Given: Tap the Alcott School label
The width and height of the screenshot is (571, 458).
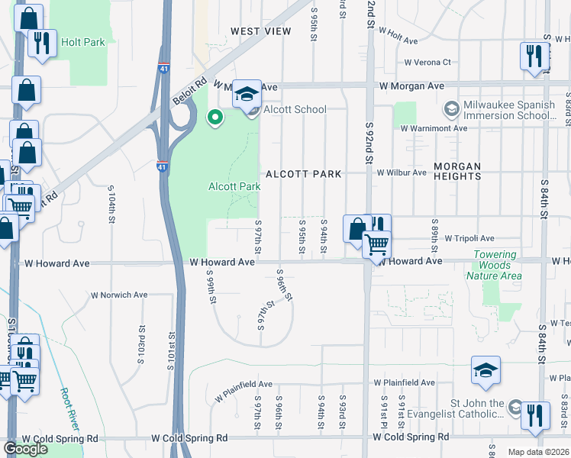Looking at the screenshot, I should (x=295, y=109).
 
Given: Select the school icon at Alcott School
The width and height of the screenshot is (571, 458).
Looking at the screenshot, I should (x=247, y=95).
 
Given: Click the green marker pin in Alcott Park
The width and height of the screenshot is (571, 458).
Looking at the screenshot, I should (x=215, y=118).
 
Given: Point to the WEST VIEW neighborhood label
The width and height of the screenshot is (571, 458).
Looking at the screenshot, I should (x=261, y=31).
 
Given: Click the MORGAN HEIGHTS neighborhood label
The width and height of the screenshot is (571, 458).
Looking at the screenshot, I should (x=457, y=171).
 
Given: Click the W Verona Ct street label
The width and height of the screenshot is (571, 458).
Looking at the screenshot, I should (x=427, y=63).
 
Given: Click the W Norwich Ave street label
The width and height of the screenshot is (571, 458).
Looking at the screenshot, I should (x=119, y=295).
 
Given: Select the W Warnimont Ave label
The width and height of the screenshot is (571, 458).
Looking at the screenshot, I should (x=434, y=128).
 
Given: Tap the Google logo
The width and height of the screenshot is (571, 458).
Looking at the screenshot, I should (x=25, y=449).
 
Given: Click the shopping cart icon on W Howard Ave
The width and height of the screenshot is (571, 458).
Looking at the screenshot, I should (x=376, y=245).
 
